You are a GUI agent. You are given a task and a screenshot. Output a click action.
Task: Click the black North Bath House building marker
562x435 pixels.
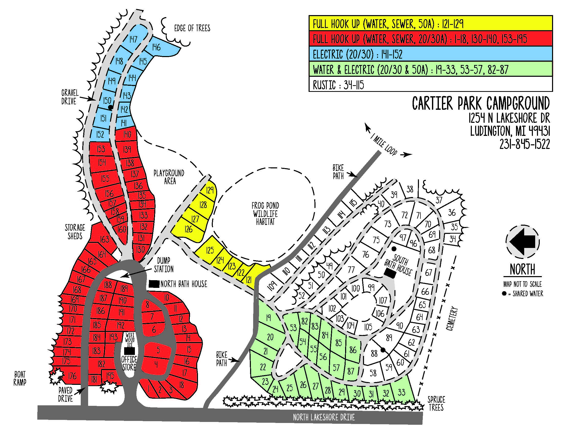point(154,284)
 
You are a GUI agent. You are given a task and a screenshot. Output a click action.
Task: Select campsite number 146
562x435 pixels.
point(156,47)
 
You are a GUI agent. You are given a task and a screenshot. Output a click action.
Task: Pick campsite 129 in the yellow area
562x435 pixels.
point(210,190)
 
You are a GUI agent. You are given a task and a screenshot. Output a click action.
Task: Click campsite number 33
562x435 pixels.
point(401,392)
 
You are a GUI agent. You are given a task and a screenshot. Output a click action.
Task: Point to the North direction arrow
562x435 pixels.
point(523,242)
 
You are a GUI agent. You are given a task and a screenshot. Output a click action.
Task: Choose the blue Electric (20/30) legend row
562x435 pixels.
point(430,54)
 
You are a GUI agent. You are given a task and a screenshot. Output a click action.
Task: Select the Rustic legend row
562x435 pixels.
point(430,84)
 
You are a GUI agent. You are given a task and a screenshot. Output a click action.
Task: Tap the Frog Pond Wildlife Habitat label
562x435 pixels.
point(265,214)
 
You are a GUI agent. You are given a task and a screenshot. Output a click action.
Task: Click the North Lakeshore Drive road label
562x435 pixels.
point(324,417)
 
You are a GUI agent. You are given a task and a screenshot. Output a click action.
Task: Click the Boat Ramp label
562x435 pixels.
point(20,378)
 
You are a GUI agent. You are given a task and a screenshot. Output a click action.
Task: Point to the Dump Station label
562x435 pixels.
point(164,265)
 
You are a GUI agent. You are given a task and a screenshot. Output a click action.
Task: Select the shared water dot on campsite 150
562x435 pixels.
point(110,107)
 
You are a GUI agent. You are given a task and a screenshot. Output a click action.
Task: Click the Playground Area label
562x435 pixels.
point(169,177)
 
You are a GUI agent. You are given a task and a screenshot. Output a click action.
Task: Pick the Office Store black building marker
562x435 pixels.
point(129,351)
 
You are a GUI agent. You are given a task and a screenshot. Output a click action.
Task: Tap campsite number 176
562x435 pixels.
point(72,376)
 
